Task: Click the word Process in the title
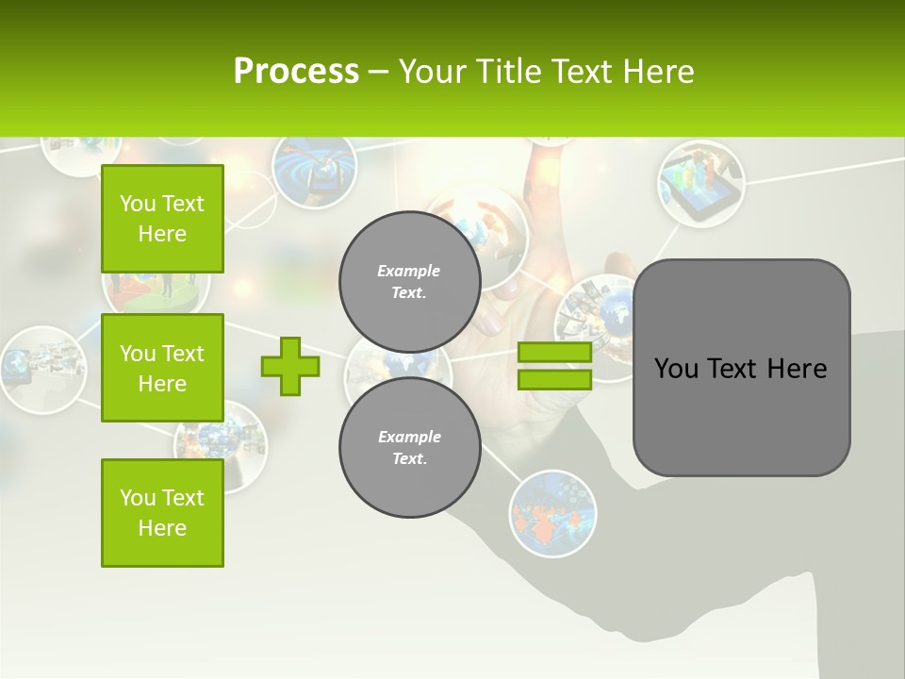tap(296, 72)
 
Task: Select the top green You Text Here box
tap(162, 219)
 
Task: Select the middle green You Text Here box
tap(162, 368)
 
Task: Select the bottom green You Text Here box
tap(162, 512)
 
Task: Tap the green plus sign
tap(290, 366)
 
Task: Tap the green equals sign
tap(554, 366)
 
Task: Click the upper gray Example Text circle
tap(409, 281)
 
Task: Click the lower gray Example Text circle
tap(409, 447)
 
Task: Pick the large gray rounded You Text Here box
tap(741, 368)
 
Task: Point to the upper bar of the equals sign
tap(554, 353)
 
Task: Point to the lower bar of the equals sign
tap(554, 379)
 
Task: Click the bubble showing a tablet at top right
tap(700, 184)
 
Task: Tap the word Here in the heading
tap(659, 72)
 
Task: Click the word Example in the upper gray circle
tap(409, 271)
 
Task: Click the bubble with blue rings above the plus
tap(314, 171)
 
